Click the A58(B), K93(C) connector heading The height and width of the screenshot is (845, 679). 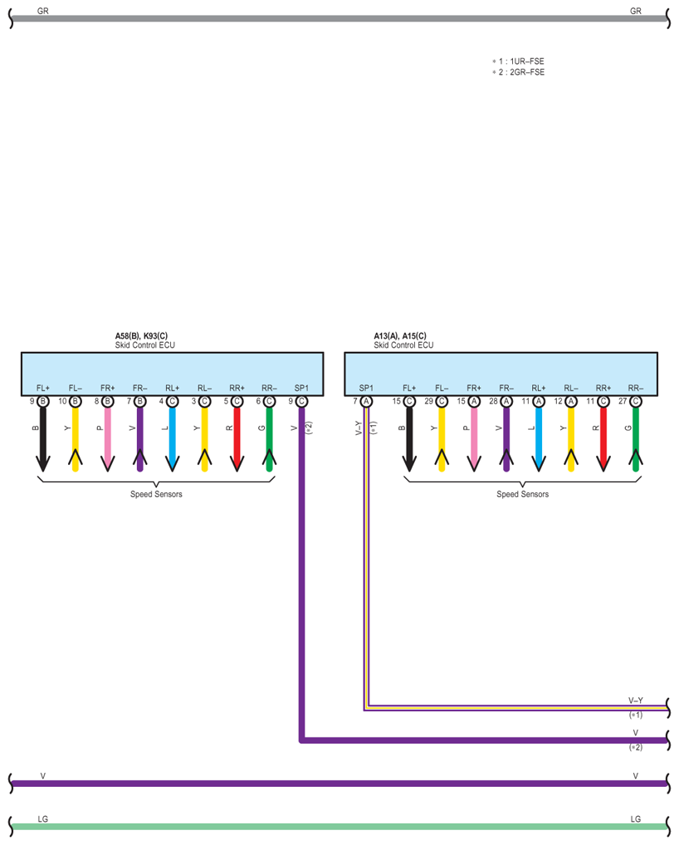click(141, 336)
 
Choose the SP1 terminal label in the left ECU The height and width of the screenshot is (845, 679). click(301, 388)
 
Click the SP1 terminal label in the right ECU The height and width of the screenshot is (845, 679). click(366, 388)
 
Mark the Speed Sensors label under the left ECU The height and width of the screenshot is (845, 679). click(156, 494)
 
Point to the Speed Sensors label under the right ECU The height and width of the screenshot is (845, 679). click(522, 494)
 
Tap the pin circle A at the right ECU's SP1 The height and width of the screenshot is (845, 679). click(366, 401)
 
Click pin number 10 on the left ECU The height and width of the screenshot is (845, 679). click(62, 401)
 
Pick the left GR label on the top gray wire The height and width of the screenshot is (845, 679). click(43, 11)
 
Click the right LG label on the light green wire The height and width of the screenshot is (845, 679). click(636, 819)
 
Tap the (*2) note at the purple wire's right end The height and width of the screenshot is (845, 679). click(636, 747)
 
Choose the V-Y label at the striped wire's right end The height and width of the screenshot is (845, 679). click(636, 701)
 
